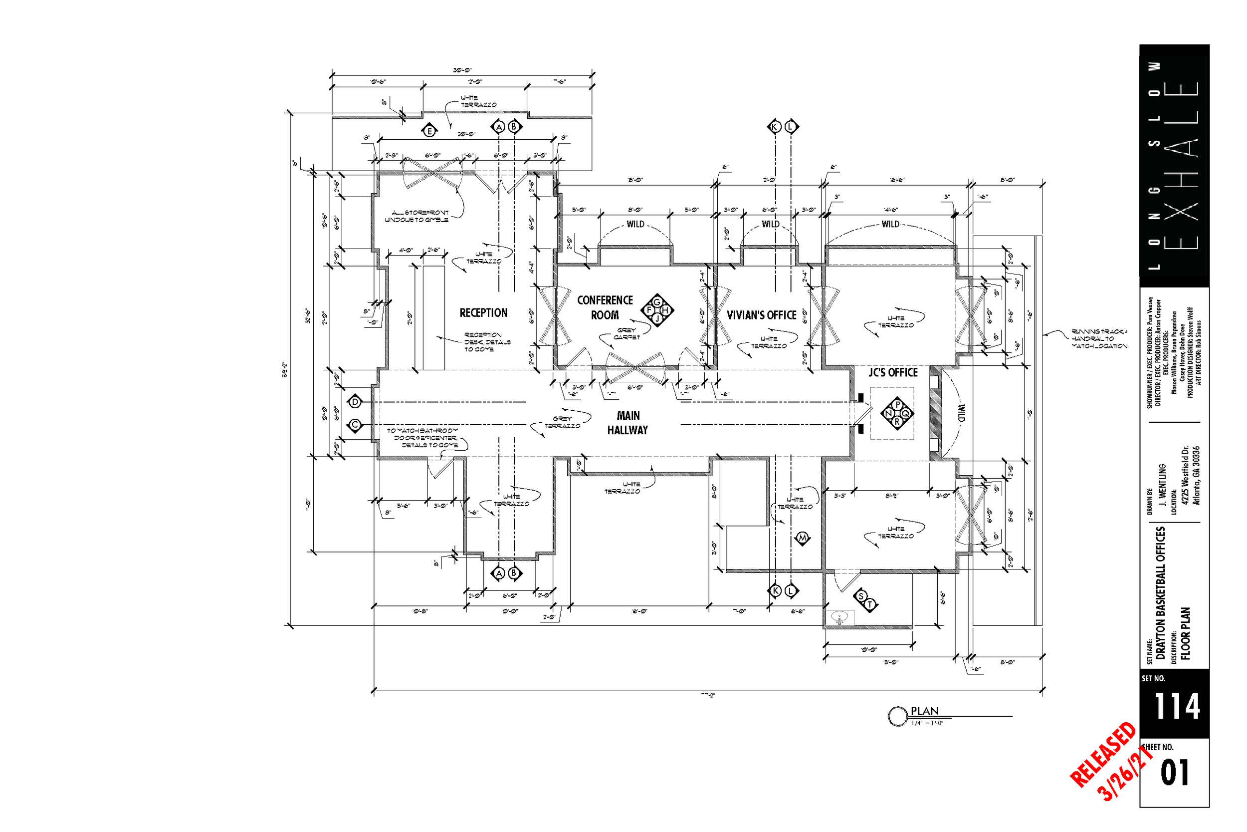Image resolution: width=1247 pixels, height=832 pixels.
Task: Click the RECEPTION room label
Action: click(x=483, y=313)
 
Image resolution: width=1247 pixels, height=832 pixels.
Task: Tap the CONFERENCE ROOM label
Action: click(x=605, y=308)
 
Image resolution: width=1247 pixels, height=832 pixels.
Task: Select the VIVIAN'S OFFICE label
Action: click(x=761, y=315)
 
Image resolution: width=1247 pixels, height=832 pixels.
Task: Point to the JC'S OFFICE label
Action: click(x=892, y=372)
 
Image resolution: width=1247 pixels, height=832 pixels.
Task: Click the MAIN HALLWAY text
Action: click(x=628, y=423)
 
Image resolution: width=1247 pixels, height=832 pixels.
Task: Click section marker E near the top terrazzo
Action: click(x=429, y=131)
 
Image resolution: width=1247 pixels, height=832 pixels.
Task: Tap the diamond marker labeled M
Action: click(x=802, y=538)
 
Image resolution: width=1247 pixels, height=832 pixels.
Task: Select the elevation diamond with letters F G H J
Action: click(x=657, y=310)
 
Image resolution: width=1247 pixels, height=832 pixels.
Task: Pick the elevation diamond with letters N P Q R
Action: click(x=897, y=413)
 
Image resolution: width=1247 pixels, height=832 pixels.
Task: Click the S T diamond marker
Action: click(x=865, y=600)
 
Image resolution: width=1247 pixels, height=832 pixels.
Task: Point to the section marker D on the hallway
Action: click(x=355, y=402)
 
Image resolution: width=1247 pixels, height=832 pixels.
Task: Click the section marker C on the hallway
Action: click(x=355, y=425)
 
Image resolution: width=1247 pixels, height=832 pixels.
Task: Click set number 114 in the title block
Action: click(x=1177, y=706)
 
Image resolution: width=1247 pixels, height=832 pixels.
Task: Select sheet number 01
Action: click(x=1174, y=773)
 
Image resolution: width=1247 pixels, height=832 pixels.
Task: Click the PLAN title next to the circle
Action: click(x=924, y=711)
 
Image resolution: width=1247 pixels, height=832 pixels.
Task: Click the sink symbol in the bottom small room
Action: click(x=839, y=617)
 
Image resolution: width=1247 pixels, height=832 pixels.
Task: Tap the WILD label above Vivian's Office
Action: click(x=770, y=225)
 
